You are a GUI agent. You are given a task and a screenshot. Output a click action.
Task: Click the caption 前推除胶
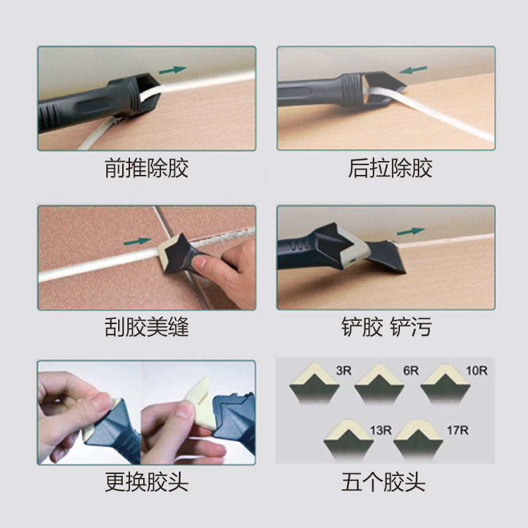coord(147,168)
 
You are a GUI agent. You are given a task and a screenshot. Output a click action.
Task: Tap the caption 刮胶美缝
coord(147,326)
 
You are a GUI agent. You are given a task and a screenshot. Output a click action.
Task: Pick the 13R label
coord(380,430)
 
